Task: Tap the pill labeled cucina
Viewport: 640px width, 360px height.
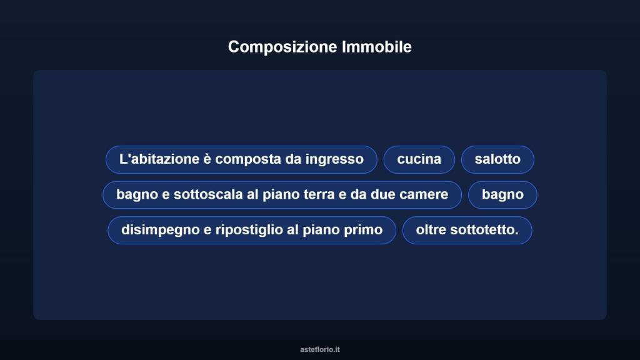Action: (x=419, y=159)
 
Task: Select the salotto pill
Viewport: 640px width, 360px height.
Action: (x=497, y=159)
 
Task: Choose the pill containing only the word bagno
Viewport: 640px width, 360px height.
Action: (x=502, y=195)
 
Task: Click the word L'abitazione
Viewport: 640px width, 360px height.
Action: (x=159, y=159)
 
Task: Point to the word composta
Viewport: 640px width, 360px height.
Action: (x=249, y=159)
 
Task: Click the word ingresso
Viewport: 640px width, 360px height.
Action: (x=334, y=159)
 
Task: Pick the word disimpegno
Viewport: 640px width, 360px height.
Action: (x=159, y=230)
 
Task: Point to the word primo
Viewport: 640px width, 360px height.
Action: (x=363, y=230)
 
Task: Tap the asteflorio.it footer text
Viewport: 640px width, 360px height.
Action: (x=320, y=350)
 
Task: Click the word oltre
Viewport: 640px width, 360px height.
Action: (x=430, y=230)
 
